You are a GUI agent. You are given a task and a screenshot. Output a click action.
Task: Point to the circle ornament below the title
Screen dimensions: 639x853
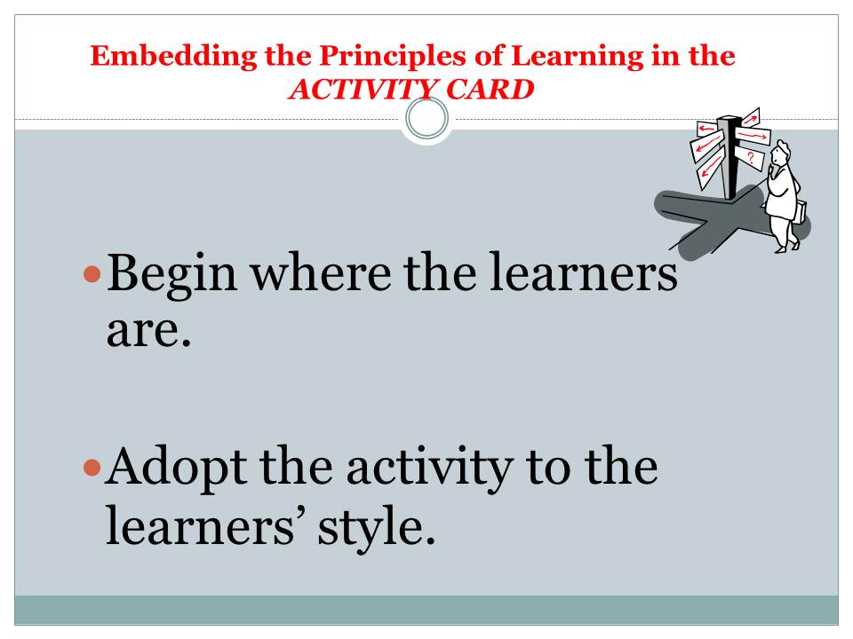pos(426,119)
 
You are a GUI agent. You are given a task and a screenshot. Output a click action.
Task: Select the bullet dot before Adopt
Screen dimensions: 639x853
pos(90,467)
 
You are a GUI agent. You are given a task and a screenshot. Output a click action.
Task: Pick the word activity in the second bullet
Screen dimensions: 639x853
pos(419,469)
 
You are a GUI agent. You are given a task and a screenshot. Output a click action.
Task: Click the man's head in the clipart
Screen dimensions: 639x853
pos(781,154)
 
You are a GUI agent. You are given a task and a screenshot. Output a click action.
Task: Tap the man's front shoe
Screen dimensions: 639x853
pos(780,249)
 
